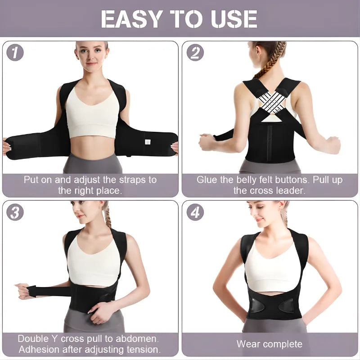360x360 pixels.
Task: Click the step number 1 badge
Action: (x=15, y=53)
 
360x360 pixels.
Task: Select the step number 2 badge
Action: (x=195, y=53)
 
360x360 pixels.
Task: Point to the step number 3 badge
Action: (x=15, y=212)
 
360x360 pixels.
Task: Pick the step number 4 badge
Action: (x=195, y=212)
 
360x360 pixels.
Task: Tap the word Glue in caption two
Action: (x=206, y=180)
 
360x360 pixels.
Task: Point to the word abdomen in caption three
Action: (x=140, y=338)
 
